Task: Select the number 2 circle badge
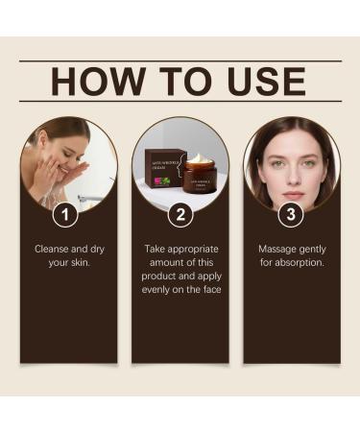coord(179,214)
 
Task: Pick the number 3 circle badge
coord(291,214)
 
